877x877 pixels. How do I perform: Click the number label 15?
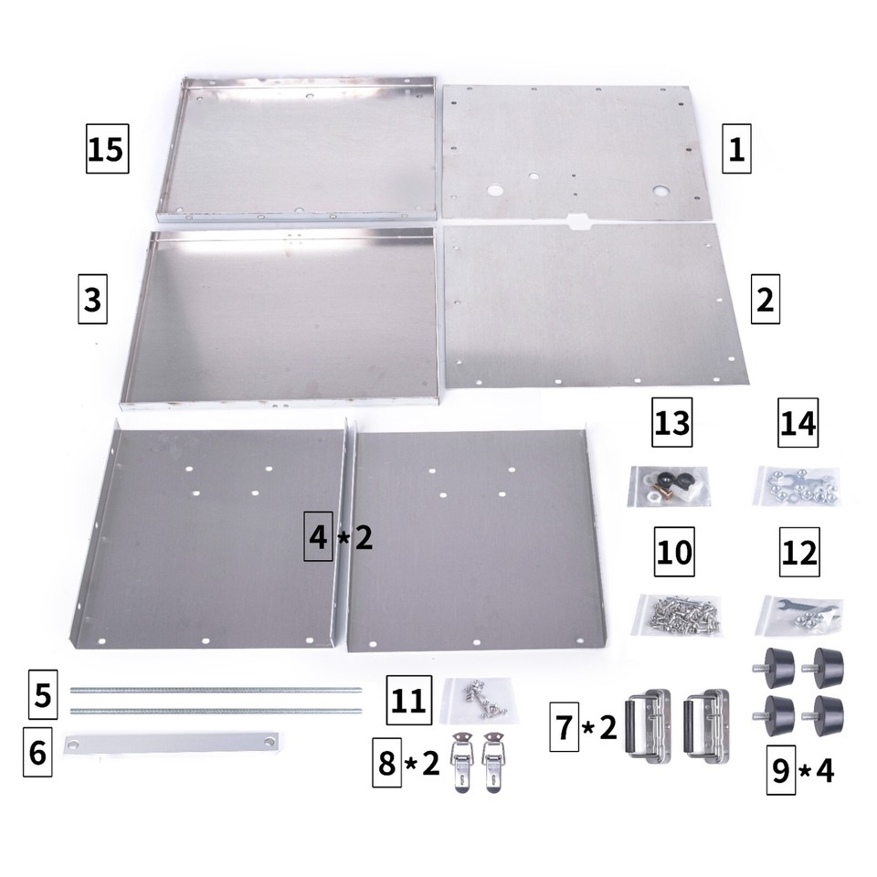pyautogui.click(x=106, y=149)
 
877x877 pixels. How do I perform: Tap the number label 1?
pyautogui.click(x=734, y=149)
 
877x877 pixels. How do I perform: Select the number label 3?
pyautogui.click(x=91, y=299)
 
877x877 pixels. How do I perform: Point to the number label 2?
pyautogui.click(x=765, y=299)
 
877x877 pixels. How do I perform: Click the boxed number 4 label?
pyautogui.click(x=318, y=537)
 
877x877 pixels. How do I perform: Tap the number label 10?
pyautogui.click(x=674, y=553)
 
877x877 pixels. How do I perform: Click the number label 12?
pyautogui.click(x=798, y=553)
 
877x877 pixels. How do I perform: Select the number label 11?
pyautogui.click(x=407, y=701)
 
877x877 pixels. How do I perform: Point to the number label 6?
pyautogui.click(x=37, y=753)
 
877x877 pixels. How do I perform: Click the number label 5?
pyautogui.click(x=40, y=696)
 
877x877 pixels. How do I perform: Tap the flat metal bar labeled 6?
pyautogui.click(x=170, y=743)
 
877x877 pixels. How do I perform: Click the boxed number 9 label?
pyautogui.click(x=780, y=772)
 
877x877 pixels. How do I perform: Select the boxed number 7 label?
pyautogui.click(x=564, y=727)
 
